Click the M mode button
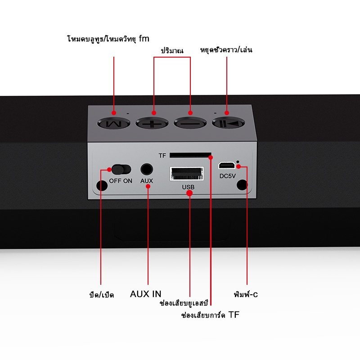tap(114, 122)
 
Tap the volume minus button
tap(190, 122)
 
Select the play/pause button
tap(229, 122)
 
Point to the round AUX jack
tap(147, 169)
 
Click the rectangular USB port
tap(186, 173)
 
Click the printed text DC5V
tap(228, 176)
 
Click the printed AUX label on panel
tap(147, 181)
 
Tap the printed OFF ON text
tap(121, 181)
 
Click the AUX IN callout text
tap(145, 294)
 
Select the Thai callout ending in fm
tap(108, 39)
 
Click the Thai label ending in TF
tap(210, 315)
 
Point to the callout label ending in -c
tap(246, 295)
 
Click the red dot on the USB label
tap(189, 193)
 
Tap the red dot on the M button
tap(114, 112)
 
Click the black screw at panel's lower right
tap(243, 185)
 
